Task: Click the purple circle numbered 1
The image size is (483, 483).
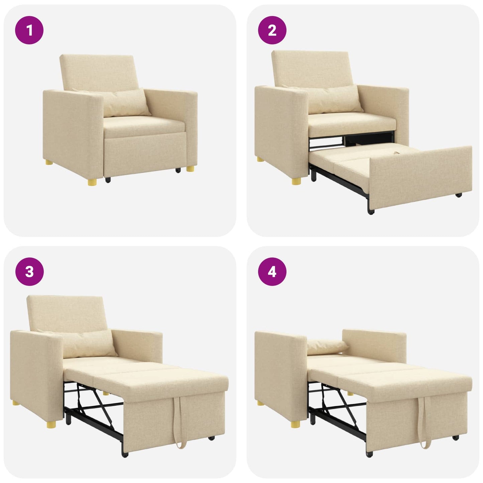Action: pos(29,30)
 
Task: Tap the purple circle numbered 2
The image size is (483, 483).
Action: pos(272,30)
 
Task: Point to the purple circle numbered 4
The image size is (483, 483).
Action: pos(272,272)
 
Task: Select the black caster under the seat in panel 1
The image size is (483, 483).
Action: pos(108,180)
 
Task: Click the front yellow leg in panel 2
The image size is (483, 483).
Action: pos(296,181)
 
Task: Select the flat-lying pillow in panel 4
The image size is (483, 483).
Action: pos(326,346)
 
